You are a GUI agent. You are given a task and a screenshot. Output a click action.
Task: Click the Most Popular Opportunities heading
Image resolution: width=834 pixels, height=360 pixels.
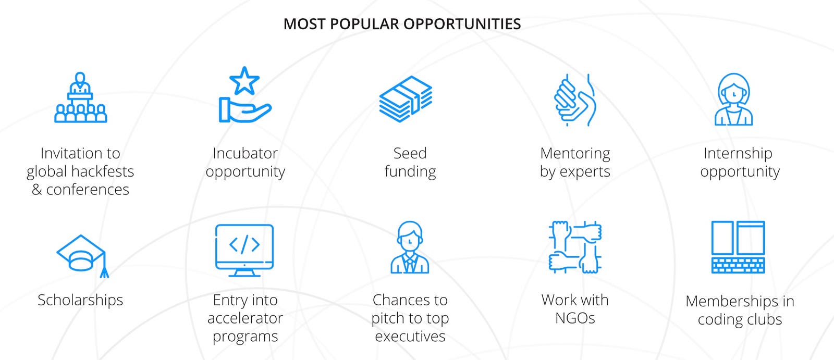coord(402,24)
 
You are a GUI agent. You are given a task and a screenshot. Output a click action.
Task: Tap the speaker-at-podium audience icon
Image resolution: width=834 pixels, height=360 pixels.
coord(80,97)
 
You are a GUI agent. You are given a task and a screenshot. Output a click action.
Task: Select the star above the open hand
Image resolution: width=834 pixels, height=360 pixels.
coord(244,80)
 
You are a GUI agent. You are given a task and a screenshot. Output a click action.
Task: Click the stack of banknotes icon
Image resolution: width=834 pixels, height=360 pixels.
coord(406,99)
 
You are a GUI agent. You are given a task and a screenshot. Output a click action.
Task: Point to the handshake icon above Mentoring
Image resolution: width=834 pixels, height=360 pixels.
coord(575,100)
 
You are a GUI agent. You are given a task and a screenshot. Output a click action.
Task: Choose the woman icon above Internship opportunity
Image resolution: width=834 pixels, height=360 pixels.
coord(734,99)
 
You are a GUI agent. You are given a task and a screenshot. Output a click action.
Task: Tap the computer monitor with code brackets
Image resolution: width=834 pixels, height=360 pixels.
coord(244,250)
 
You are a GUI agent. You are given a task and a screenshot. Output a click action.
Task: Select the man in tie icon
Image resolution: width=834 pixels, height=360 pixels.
coord(410,247)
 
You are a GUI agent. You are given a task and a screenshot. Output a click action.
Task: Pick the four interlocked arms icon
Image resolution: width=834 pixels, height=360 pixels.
coord(575,247)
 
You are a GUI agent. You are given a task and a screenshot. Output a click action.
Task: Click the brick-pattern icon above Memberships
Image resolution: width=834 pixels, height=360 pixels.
coord(738,247)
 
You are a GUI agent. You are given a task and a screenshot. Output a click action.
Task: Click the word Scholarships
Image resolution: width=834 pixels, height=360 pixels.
coord(80,300)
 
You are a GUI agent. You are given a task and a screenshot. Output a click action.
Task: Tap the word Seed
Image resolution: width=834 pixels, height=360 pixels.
coord(410,153)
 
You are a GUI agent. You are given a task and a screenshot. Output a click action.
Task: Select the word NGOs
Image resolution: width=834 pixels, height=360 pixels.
coord(575,318)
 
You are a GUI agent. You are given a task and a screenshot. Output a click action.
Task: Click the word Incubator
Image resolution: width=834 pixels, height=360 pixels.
coord(245,153)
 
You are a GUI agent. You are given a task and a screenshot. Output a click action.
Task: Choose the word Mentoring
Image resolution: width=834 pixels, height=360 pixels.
coord(575,154)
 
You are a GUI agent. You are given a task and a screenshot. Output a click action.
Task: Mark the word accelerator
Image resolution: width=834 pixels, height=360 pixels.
coord(245,318)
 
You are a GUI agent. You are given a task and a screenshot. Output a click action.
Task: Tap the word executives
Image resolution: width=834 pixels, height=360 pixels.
coord(410,337)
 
